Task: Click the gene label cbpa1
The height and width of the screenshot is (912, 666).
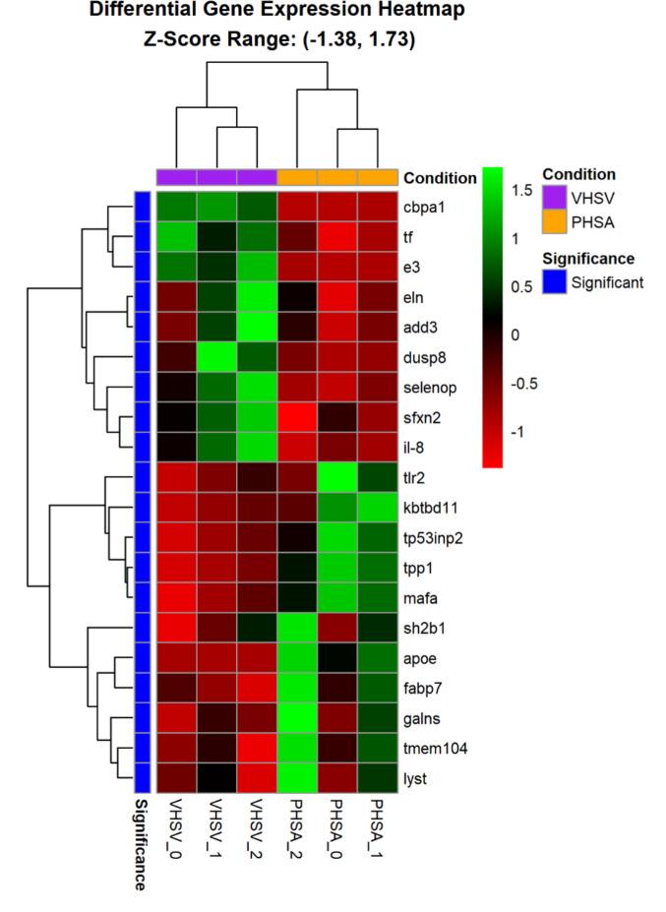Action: click(x=426, y=209)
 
